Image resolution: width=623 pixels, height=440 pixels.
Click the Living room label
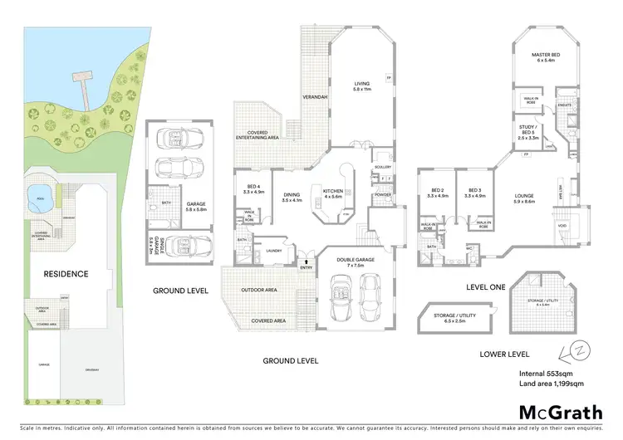361,85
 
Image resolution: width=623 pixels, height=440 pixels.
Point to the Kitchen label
333,193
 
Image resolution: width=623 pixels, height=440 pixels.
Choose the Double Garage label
352,260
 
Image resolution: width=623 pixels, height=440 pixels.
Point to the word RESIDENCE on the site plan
66,273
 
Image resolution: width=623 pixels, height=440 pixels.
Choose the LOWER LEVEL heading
503,354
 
